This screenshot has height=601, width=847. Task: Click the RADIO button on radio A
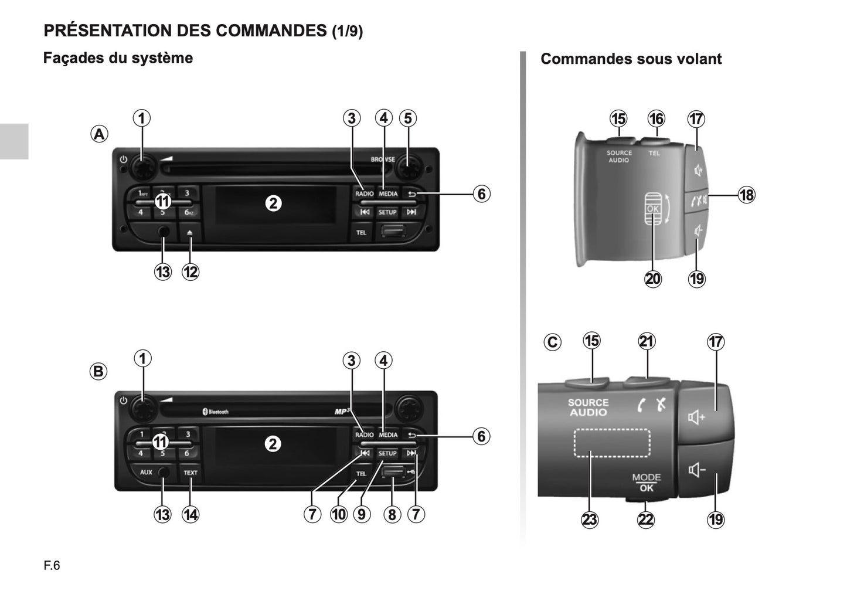(x=364, y=193)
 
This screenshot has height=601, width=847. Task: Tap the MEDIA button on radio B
(x=388, y=435)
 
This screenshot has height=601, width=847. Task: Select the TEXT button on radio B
(x=191, y=473)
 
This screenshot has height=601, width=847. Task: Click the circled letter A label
(x=99, y=134)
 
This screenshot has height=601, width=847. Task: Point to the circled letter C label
(x=552, y=342)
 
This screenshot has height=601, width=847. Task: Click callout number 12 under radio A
(x=191, y=272)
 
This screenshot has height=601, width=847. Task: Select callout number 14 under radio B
(x=191, y=515)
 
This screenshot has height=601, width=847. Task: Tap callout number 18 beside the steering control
(x=746, y=195)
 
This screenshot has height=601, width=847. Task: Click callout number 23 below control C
(x=590, y=519)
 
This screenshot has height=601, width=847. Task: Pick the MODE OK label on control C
(x=646, y=483)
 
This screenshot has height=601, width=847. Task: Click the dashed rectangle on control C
(x=612, y=443)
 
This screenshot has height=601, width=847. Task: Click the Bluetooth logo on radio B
(x=215, y=412)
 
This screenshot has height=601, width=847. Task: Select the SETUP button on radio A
(x=387, y=212)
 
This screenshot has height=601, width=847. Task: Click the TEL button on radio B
(x=361, y=473)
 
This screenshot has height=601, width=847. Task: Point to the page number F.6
(x=52, y=566)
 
